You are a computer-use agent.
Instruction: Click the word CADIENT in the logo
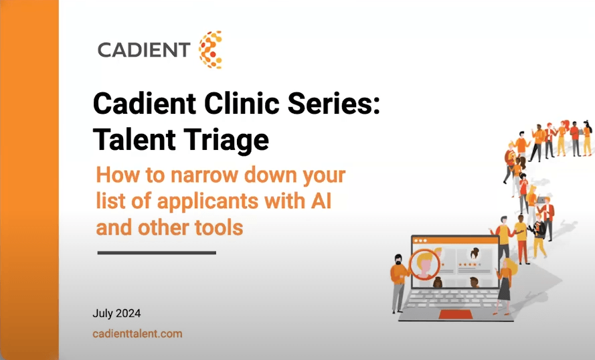(x=144, y=50)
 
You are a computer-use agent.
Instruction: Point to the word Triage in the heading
(x=229, y=141)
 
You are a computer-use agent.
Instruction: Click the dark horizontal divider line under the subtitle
(x=157, y=253)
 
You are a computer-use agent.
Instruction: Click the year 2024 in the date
(x=128, y=312)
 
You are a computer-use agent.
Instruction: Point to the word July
(x=102, y=312)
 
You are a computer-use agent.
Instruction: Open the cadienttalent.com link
(x=137, y=333)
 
